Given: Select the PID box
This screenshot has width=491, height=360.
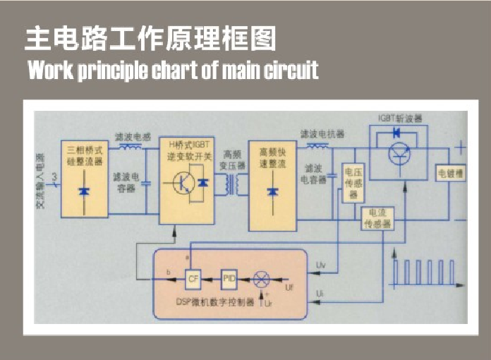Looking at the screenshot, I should [x=229, y=278].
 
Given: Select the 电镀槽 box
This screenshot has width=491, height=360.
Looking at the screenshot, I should [x=450, y=173].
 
